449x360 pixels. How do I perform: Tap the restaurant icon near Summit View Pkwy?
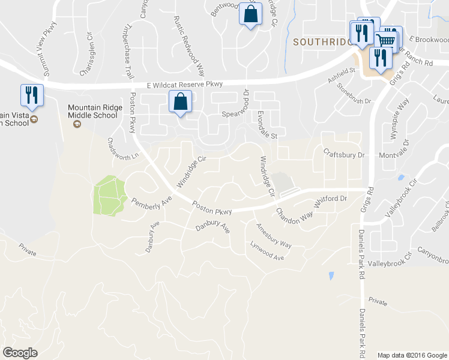tap(31, 95)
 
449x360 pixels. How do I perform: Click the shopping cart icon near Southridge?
tap(387, 41)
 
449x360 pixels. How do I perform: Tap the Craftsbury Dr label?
tap(344, 154)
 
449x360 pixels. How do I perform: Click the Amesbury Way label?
tap(274, 236)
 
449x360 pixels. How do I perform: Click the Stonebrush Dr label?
tap(354, 94)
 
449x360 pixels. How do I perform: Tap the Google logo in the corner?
tap(20, 352)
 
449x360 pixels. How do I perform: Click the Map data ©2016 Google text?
tap(412, 355)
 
